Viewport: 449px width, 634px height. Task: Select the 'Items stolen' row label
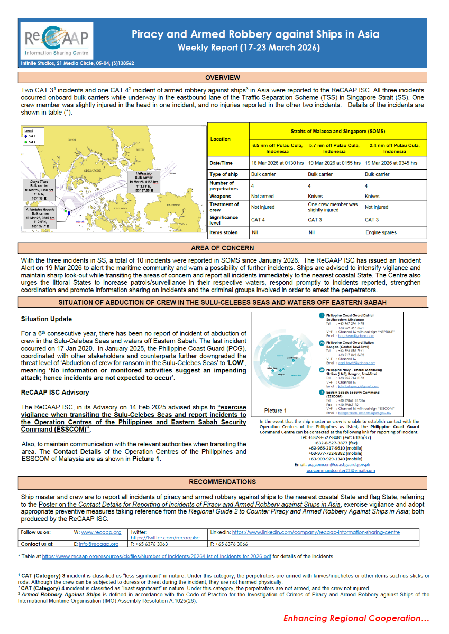pos(223,232)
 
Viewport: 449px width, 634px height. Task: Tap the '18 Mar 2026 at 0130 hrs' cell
pos(277,163)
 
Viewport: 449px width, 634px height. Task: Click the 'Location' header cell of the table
pos(221,139)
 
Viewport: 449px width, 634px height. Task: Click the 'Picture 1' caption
pos(276,411)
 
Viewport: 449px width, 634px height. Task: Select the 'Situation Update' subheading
pos(47,319)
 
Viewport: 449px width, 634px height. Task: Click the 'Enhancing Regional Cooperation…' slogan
pos(356,618)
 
